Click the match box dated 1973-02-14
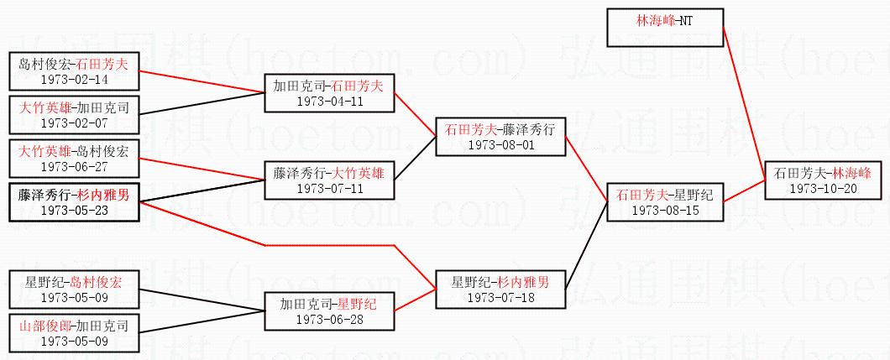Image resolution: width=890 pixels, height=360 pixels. pyautogui.click(x=73, y=71)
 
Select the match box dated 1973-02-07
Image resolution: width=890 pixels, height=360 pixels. pyautogui.click(x=73, y=115)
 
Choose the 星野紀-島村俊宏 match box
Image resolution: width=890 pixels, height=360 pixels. pyautogui.click(x=73, y=290)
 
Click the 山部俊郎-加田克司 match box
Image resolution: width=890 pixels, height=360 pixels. pyautogui.click(x=73, y=333)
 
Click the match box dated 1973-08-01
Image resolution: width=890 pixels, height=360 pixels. pyautogui.click(x=500, y=137)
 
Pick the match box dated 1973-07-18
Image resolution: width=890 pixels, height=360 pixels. pyautogui.click(x=500, y=290)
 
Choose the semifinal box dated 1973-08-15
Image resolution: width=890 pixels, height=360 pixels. pyautogui.click(x=663, y=202)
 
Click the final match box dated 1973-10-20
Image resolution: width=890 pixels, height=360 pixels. pyautogui.click(x=823, y=180)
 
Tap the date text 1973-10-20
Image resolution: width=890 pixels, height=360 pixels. pyautogui.click(x=823, y=188)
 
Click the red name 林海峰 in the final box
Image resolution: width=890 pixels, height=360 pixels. pyautogui.click(x=847, y=173)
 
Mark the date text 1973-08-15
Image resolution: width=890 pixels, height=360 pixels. pyautogui.click(x=663, y=210)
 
